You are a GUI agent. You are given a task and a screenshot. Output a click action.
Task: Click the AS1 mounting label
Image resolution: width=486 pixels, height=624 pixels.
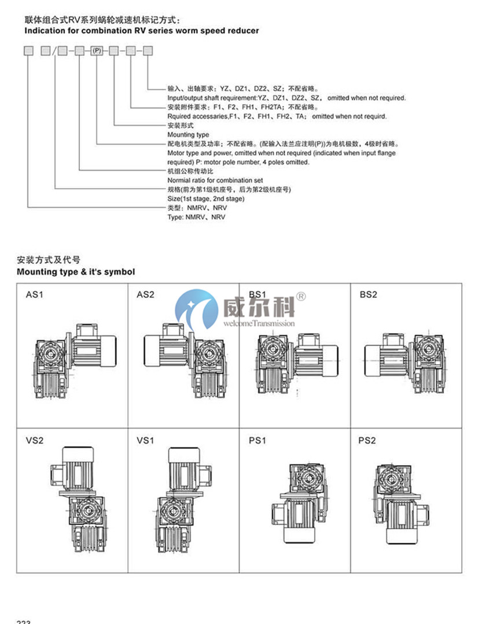(x=35, y=294)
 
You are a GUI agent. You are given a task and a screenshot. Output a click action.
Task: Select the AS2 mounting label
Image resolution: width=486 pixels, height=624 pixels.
(x=145, y=294)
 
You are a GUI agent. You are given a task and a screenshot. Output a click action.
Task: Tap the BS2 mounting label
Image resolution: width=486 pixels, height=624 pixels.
(x=368, y=294)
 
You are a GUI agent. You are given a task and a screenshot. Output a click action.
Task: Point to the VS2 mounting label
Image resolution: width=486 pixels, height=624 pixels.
(x=35, y=440)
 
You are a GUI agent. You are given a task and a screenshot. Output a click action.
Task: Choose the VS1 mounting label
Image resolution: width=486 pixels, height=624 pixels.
(x=145, y=440)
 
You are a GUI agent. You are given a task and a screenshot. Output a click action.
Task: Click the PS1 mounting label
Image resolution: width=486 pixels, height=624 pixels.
(x=257, y=440)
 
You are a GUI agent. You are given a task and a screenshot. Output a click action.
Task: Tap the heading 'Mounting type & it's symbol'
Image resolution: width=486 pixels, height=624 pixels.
(x=76, y=271)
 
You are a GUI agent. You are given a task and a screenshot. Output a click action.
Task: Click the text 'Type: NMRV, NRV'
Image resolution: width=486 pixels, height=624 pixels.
(x=196, y=217)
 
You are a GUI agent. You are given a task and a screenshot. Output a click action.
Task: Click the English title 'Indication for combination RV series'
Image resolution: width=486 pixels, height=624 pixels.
(x=141, y=31)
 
